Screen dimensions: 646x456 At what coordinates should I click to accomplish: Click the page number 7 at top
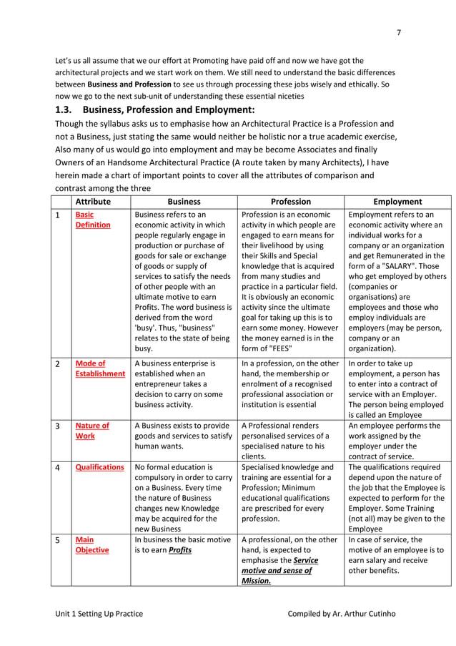398,31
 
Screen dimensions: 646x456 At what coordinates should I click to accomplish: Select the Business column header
184,202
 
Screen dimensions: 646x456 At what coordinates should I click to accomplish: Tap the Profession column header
290,202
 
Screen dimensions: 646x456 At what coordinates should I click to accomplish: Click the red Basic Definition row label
93,220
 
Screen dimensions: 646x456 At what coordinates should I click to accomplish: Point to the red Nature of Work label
92,431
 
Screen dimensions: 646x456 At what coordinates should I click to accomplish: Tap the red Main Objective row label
92,545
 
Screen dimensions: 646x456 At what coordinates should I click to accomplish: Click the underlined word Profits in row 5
179,550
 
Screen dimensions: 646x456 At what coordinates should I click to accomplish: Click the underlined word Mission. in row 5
256,581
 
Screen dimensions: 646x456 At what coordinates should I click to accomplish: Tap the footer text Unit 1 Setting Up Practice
99,613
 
